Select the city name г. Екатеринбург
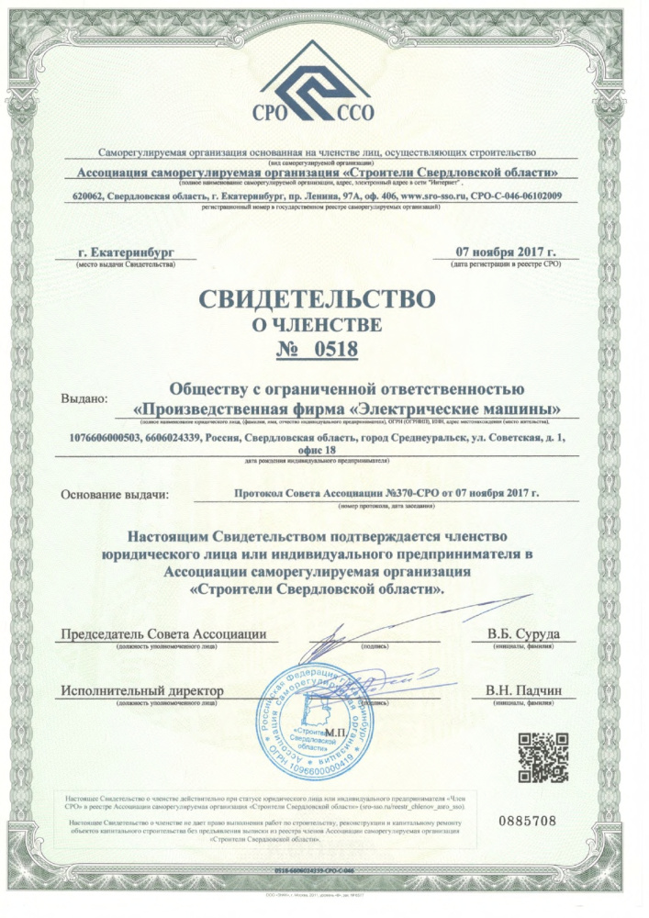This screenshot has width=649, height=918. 125,252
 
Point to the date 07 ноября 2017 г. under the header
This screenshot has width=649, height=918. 506,252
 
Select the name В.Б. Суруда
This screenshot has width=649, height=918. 521,634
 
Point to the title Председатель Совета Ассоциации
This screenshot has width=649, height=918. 163,634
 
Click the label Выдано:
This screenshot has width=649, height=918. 84,399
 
